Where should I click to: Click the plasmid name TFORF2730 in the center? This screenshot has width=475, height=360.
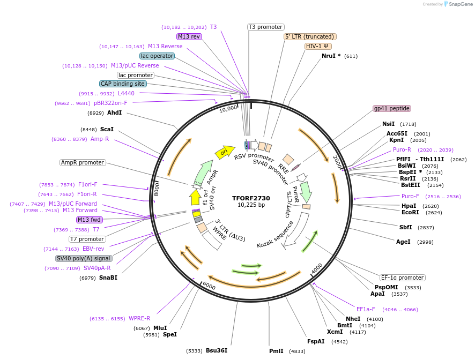(251, 198)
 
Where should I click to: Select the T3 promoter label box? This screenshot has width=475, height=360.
(266, 27)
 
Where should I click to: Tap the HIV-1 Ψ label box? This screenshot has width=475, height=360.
(318, 46)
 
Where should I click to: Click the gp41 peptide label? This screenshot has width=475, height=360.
(392, 108)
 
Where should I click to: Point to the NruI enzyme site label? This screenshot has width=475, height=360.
(328, 56)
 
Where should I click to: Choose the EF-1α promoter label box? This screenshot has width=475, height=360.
(402, 277)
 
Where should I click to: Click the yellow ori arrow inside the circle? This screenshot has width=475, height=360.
(225, 153)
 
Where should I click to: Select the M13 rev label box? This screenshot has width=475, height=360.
(189, 36)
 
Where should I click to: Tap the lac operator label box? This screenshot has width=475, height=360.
(157, 56)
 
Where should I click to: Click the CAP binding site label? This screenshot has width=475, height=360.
(122, 84)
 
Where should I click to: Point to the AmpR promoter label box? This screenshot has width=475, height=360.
(83, 162)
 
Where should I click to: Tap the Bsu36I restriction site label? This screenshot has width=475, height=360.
(217, 350)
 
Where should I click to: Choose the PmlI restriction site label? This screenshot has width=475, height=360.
(276, 351)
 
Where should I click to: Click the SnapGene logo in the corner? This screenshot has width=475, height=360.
(456, 4)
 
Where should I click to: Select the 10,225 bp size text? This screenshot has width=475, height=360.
(251, 205)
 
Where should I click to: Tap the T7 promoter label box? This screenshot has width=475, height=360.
(87, 239)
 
